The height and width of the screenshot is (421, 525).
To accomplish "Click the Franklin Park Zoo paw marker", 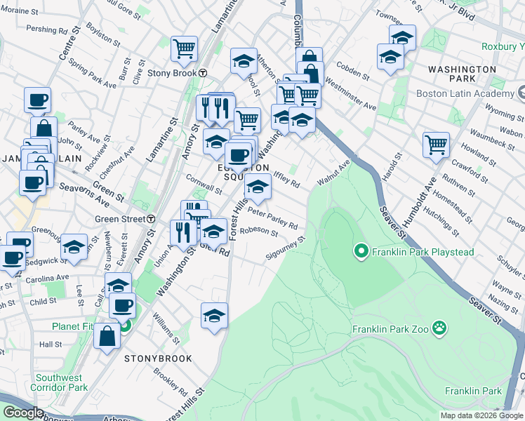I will tap(440, 327).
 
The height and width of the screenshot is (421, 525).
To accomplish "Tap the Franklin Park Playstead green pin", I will tap(361, 251).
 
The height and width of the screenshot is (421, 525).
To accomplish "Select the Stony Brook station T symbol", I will tap(202, 72).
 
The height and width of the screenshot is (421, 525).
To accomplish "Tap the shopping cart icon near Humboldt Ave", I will tap(437, 145).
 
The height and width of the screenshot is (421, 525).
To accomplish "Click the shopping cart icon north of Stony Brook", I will tap(184, 49).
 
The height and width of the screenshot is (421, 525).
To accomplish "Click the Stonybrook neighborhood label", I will tap(158, 359).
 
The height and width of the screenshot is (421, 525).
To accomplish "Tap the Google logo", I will tap(23, 412).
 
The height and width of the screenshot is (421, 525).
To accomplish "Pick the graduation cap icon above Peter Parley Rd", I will tap(258, 187).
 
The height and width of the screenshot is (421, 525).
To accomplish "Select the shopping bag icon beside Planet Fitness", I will tap(107, 335).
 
